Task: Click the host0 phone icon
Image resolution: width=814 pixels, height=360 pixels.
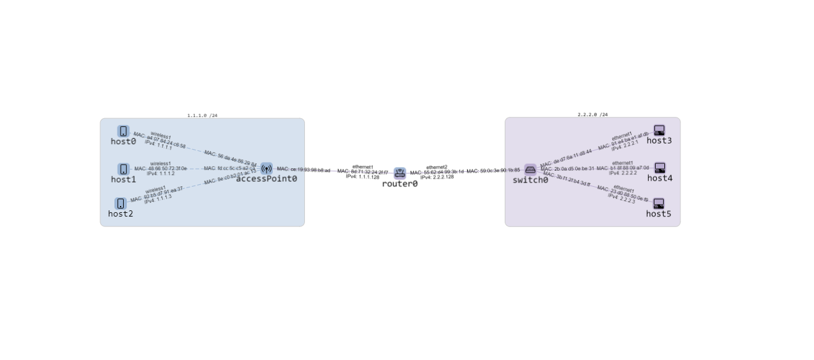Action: point(123,131)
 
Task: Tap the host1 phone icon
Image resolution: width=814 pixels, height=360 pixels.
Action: point(123,169)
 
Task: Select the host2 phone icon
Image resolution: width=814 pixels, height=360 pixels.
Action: point(121,204)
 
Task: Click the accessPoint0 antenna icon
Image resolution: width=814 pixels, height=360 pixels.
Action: point(267,168)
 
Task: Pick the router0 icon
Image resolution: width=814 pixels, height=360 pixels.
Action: point(400,173)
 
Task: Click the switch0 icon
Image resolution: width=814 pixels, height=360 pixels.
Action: point(530,169)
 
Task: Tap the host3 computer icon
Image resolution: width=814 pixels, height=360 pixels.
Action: point(659,131)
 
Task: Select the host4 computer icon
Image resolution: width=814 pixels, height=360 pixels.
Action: point(659,168)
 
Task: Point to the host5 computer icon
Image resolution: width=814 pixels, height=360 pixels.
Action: point(658,204)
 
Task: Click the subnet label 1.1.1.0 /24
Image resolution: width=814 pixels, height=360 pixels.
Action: point(202,115)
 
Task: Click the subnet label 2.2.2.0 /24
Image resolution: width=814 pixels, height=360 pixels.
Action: point(593,114)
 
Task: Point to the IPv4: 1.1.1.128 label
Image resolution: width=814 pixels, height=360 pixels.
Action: point(362,177)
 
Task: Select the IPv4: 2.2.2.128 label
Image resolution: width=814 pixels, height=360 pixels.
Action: point(437,177)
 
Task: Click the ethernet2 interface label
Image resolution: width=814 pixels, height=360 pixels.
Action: point(437,167)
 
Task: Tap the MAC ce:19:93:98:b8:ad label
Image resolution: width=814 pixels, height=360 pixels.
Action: point(303,169)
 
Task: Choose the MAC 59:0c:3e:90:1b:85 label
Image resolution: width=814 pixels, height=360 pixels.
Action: point(493,171)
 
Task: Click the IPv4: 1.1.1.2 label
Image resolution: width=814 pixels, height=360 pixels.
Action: point(160,174)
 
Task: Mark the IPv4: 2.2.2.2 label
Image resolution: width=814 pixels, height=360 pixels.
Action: point(622,173)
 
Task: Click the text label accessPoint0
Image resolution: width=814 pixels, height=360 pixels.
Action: point(267,179)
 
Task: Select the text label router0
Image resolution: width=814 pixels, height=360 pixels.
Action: point(400,184)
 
